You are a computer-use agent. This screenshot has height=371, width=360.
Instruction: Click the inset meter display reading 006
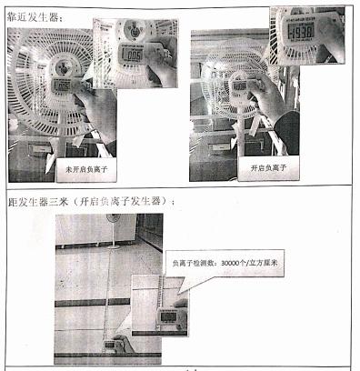point(135,55)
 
